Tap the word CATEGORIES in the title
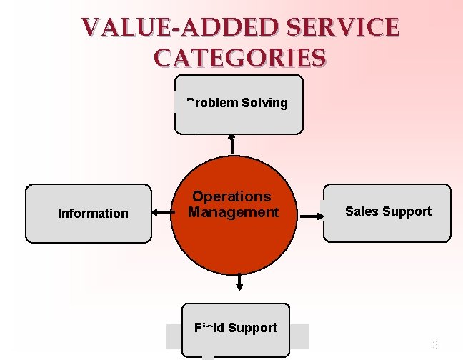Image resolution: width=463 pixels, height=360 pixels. click(x=240, y=56)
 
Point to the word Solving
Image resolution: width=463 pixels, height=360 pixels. click(x=264, y=103)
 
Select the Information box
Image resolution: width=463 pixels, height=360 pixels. click(x=89, y=213)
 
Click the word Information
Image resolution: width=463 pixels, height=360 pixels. click(x=93, y=214)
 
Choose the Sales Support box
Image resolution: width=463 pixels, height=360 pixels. click(x=387, y=213)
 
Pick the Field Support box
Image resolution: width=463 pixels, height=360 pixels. click(x=235, y=329)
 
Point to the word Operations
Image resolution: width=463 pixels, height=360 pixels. click(x=231, y=196)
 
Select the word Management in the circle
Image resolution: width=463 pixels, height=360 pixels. click(x=233, y=213)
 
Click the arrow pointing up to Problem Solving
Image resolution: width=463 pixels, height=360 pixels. click(x=231, y=143)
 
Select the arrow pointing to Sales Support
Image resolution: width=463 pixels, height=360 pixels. click(x=310, y=214)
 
